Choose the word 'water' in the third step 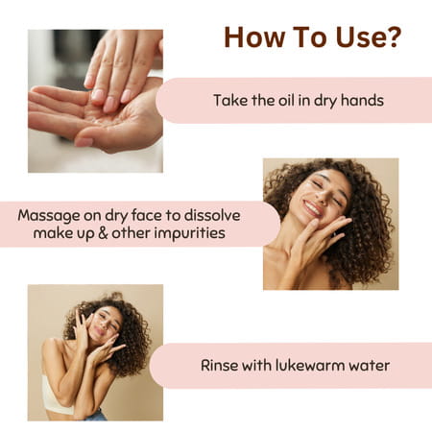point(369,365)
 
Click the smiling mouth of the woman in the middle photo point(310,207)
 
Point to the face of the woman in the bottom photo point(102,329)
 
